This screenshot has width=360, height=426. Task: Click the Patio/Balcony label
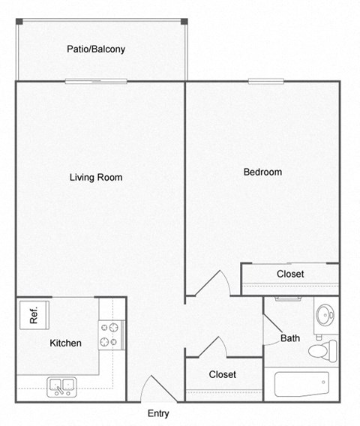(95, 49)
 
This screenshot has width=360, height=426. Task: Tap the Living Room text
(96, 178)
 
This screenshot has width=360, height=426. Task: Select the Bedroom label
(262, 172)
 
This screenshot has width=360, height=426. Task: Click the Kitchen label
(65, 343)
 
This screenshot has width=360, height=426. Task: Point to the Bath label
(290, 338)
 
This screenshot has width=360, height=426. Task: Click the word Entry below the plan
(158, 413)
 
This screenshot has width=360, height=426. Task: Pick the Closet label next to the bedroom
(290, 274)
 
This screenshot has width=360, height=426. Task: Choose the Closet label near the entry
(223, 374)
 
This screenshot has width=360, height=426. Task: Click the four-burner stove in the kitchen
(111, 334)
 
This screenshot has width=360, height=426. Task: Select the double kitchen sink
(61, 386)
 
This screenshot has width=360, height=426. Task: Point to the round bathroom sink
(325, 313)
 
